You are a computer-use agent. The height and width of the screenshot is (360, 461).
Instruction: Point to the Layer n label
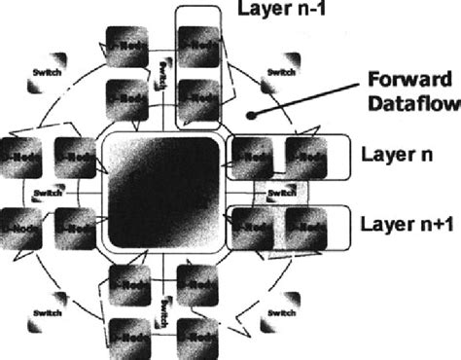pos(396,154)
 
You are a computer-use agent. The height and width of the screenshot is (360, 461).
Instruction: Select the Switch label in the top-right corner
pos(280,71)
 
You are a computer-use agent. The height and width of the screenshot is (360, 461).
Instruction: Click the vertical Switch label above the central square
pos(160,73)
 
